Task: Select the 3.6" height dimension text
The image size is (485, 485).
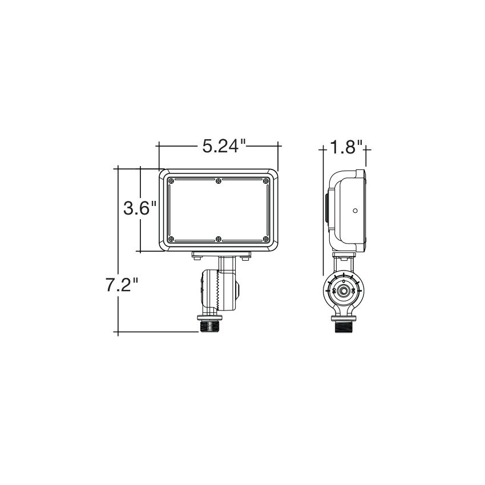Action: click(140, 208)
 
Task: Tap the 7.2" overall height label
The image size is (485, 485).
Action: click(122, 285)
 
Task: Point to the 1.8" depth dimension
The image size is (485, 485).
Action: click(345, 148)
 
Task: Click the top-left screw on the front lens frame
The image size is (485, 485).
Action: click(170, 181)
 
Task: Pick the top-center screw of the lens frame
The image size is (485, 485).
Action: click(219, 181)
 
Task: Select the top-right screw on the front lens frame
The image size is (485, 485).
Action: click(266, 181)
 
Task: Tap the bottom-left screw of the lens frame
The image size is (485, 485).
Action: click(170, 239)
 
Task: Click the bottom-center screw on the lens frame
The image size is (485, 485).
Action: click(219, 239)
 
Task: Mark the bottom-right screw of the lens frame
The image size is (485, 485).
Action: click(266, 239)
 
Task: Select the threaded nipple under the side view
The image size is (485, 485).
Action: click(343, 327)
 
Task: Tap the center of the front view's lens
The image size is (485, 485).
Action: click(218, 210)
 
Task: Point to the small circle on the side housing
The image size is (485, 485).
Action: click(355, 211)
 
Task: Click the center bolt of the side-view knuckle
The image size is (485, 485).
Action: click(343, 290)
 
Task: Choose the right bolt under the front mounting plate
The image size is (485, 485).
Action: click(245, 259)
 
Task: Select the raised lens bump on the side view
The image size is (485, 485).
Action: click(326, 211)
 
